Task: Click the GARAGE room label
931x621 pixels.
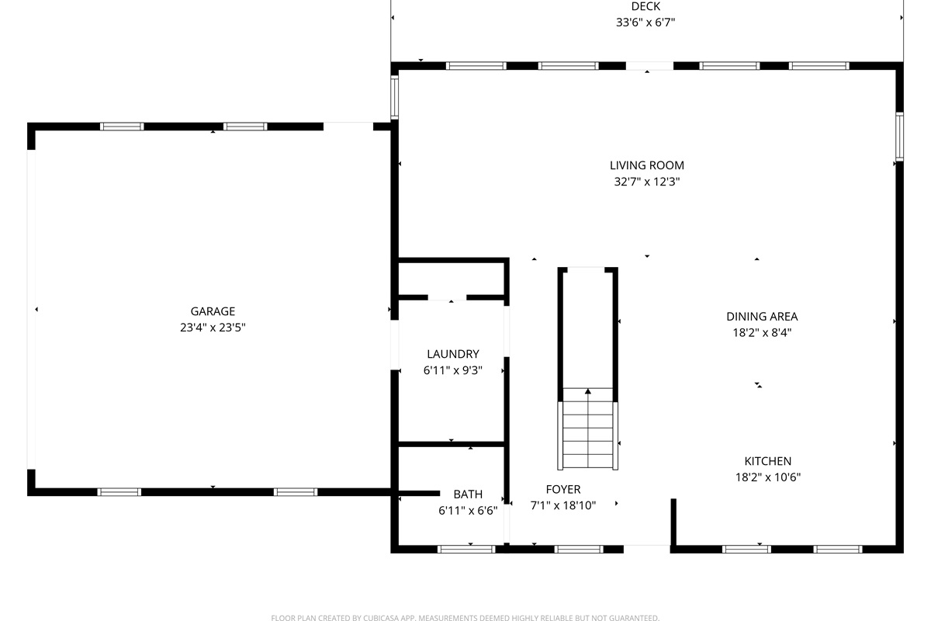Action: (213, 311)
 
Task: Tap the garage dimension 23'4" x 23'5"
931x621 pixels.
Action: (213, 328)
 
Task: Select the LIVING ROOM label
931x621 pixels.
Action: (646, 165)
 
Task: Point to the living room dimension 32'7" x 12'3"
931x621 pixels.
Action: (646, 182)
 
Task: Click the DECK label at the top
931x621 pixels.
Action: (645, 7)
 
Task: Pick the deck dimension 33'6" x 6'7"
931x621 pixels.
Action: (645, 23)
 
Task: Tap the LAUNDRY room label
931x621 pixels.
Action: (452, 354)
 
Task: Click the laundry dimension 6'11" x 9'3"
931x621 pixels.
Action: (452, 370)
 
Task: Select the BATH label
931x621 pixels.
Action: (468, 494)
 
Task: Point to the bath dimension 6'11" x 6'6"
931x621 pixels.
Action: (468, 510)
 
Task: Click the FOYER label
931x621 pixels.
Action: (562, 489)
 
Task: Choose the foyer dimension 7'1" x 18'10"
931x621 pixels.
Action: (562, 505)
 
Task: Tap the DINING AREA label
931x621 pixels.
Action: (761, 317)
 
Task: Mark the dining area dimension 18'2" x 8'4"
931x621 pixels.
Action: (761, 332)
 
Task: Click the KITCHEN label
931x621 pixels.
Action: (767, 461)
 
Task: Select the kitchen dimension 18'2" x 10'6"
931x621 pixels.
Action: (767, 477)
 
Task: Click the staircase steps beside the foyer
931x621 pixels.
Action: (588, 439)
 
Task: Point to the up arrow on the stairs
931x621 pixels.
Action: (588, 393)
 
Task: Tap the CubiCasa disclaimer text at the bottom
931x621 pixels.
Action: (465, 618)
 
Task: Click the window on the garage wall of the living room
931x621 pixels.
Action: (394, 95)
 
